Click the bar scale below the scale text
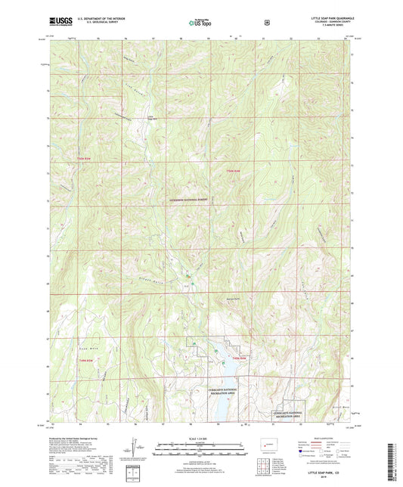point(200,446)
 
